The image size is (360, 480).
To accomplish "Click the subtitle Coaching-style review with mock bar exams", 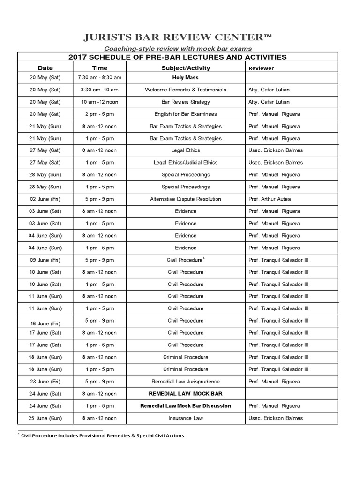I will pyautogui.click(x=178, y=48).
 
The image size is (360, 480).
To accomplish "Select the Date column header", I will pyautogui.click(x=45, y=68).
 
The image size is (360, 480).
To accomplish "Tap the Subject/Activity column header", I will pyautogui.click(x=186, y=68).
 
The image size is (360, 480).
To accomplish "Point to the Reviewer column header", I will pyautogui.click(x=261, y=68).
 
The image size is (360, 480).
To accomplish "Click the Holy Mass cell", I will pyautogui.click(x=186, y=78).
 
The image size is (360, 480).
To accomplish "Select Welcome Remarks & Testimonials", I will pyautogui.click(x=186, y=90).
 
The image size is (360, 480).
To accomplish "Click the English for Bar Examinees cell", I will pyautogui.click(x=186, y=114).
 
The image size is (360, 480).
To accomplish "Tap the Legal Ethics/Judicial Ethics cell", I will pyautogui.click(x=186, y=163).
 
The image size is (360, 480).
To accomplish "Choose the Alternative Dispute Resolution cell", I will pyautogui.click(x=186, y=199).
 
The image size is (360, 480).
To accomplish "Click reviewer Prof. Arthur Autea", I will pyautogui.click(x=270, y=199).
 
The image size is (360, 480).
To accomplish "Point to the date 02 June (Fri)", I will pyautogui.click(x=45, y=199).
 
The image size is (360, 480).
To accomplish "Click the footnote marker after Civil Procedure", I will pyautogui.click(x=204, y=258).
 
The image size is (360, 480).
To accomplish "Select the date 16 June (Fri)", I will pyautogui.click(x=45, y=323).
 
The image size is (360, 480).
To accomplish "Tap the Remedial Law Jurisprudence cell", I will pyautogui.click(x=186, y=382).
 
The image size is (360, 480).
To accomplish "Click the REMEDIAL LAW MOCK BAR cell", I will pyautogui.click(x=186, y=394).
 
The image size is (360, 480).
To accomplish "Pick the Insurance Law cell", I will pyautogui.click(x=186, y=418).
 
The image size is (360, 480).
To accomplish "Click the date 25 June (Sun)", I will pyautogui.click(x=45, y=418).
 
